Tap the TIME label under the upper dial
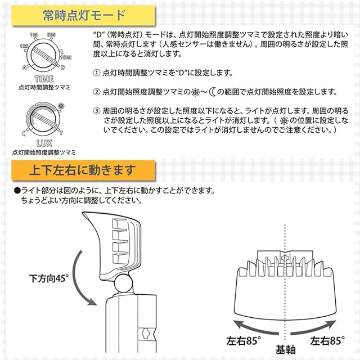coord(44,79)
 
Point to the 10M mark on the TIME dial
coord(65,57)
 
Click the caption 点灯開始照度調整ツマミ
coord(44,152)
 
